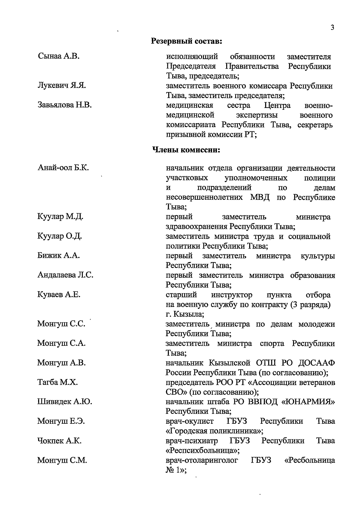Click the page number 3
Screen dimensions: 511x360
332,28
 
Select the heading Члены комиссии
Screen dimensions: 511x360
186,149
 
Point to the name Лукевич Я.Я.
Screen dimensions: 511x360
62,86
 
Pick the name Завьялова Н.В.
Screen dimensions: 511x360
64,105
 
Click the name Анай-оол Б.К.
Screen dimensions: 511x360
63,168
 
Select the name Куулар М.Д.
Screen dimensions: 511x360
60,217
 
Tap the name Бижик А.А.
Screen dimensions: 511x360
59,256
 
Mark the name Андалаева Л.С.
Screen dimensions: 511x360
65,275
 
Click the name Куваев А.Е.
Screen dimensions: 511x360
59,295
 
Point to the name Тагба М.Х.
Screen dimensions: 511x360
58,382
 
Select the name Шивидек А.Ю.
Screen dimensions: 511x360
64,402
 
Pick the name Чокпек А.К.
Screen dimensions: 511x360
59,441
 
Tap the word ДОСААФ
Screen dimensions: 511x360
317,363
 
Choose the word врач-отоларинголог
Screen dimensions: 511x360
202,460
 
